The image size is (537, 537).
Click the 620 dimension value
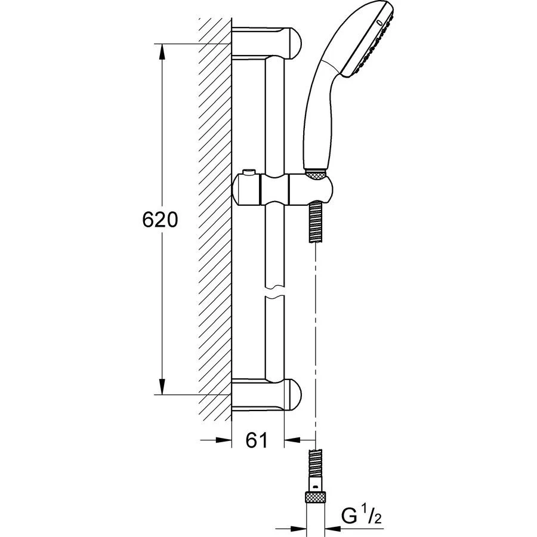coord(161,220)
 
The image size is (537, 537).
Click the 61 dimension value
coord(256,441)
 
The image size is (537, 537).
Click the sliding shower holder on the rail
coord(280,190)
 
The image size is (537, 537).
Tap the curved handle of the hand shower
coord(316,113)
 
